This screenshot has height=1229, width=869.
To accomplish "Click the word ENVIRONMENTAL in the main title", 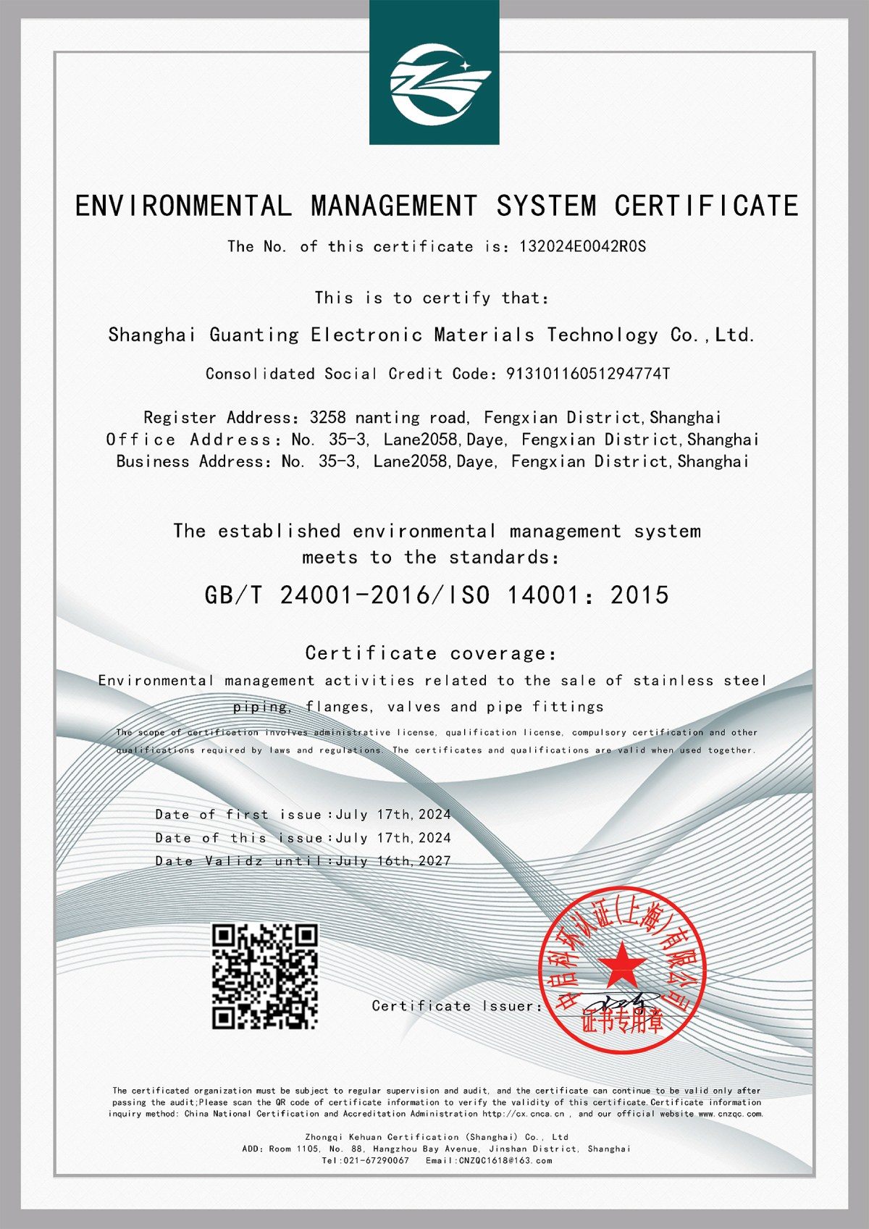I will pyautogui.click(x=183, y=206).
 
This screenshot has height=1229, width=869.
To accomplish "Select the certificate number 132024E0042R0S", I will pyautogui.click(x=582, y=247).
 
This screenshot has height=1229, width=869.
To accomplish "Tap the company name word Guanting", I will pyautogui.click(x=254, y=335).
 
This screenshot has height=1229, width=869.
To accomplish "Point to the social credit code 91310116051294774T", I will pyautogui.click(x=587, y=374).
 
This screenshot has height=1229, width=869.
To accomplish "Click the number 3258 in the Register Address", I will pyautogui.click(x=327, y=418).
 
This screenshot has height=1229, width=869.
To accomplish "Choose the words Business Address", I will pyautogui.click(x=193, y=462).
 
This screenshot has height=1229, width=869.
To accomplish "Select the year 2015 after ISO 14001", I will pyautogui.click(x=639, y=596).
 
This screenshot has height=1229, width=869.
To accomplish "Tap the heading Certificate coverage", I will pyautogui.click(x=431, y=654).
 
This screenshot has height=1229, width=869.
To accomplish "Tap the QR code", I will pyautogui.click(x=265, y=976).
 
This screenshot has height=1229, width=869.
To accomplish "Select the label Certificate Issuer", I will pyautogui.click(x=456, y=1006).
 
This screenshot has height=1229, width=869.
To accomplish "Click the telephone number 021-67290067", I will pyautogui.click(x=374, y=1161).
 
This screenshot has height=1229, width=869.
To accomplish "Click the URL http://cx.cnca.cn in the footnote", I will pyautogui.click(x=523, y=1114).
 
